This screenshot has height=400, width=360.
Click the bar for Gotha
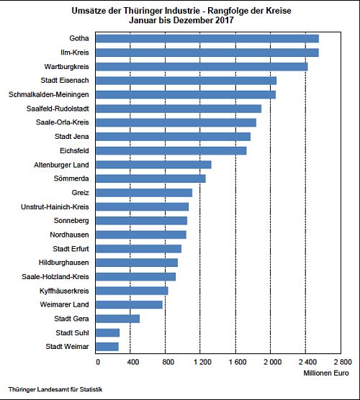pyautogui.click(x=207, y=38)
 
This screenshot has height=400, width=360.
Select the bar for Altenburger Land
pyautogui.click(x=153, y=164)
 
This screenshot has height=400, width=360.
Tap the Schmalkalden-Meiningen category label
pyautogui.click(x=49, y=94)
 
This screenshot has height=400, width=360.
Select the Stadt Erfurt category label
pyautogui.click(x=71, y=248)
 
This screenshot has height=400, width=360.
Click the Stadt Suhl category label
pyautogui.click(x=73, y=332)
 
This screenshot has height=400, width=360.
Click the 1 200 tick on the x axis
pyautogui.click(x=200, y=362)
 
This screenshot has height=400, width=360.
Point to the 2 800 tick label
pyautogui.click(x=341, y=362)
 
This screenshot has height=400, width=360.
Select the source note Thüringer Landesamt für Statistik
pyautogui.click(x=55, y=390)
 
